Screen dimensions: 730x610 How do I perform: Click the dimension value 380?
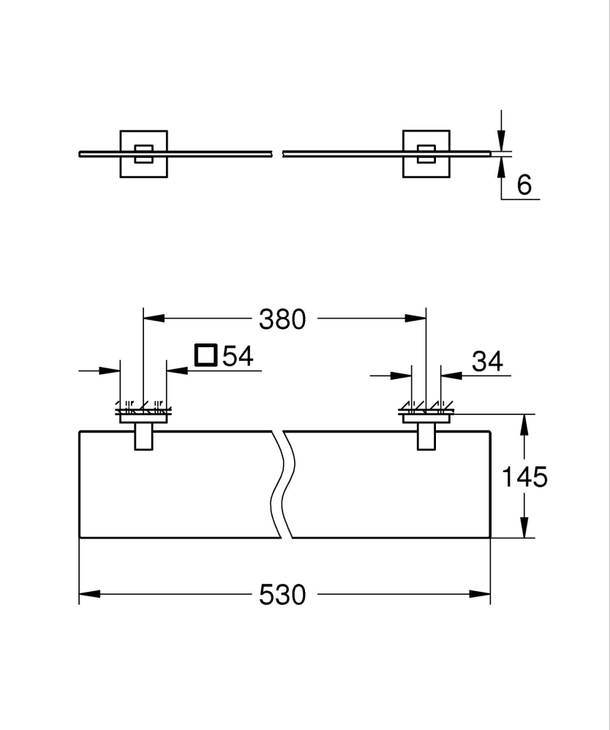282,319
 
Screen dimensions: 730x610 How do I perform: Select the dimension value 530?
282,595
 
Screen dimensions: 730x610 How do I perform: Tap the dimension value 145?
524,477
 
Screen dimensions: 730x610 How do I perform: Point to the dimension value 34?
488,361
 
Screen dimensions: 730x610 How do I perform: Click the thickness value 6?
524,186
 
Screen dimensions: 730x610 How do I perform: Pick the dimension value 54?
237,357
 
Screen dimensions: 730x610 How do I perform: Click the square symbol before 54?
206,355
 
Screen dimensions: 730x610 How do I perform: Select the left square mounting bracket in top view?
143,153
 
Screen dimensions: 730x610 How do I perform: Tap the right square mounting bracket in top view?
426,153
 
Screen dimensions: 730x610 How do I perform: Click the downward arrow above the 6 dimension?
501,140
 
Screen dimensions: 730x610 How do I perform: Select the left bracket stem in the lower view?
143,437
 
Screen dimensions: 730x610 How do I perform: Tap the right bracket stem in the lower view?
426,437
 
